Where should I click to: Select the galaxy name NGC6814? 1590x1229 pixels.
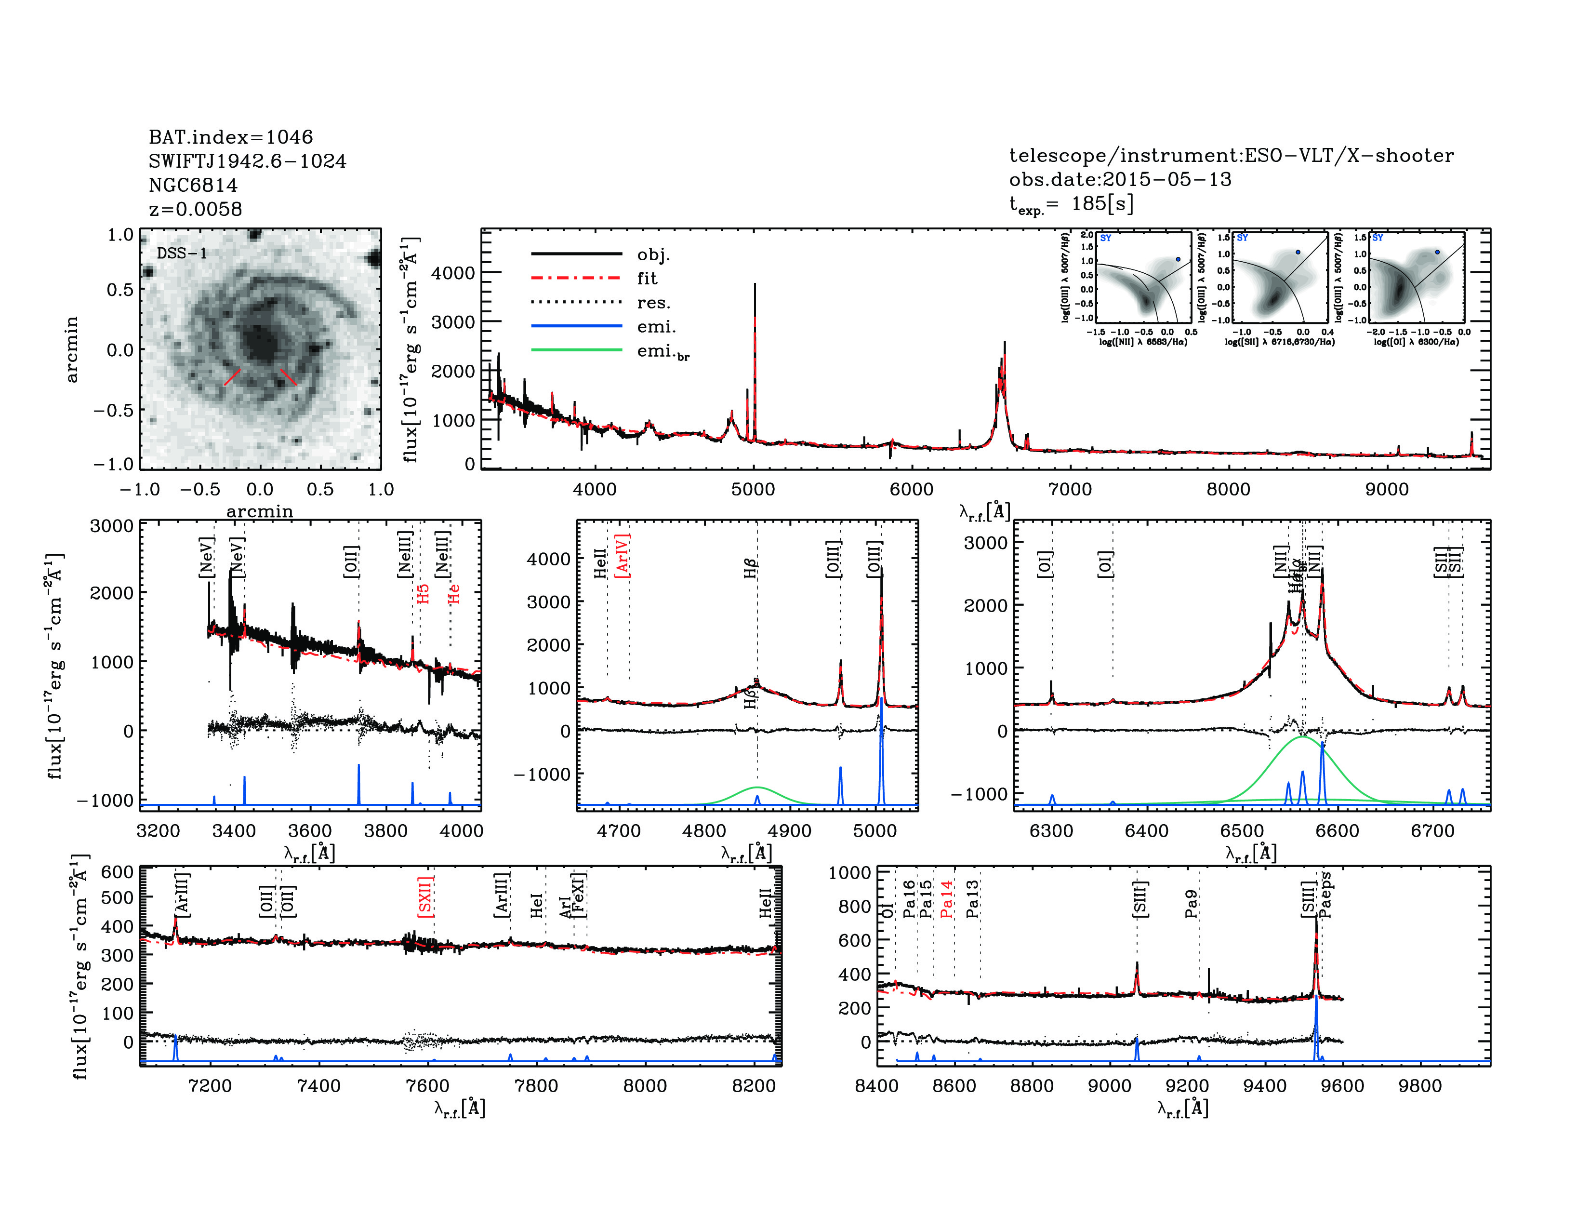point(193,185)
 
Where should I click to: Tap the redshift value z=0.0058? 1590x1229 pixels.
point(195,209)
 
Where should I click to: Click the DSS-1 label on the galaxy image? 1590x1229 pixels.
point(182,254)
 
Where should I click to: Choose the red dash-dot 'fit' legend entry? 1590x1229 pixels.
point(577,278)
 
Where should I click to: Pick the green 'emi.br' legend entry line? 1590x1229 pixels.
point(577,350)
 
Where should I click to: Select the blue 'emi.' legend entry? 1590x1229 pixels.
point(577,326)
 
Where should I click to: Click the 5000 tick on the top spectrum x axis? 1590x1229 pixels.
point(753,489)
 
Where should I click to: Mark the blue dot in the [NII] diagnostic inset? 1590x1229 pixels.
point(1177,259)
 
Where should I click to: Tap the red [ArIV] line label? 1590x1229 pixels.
point(623,556)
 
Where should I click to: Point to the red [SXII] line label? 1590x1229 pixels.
point(426,896)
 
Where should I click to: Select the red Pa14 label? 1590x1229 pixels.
point(946,898)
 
